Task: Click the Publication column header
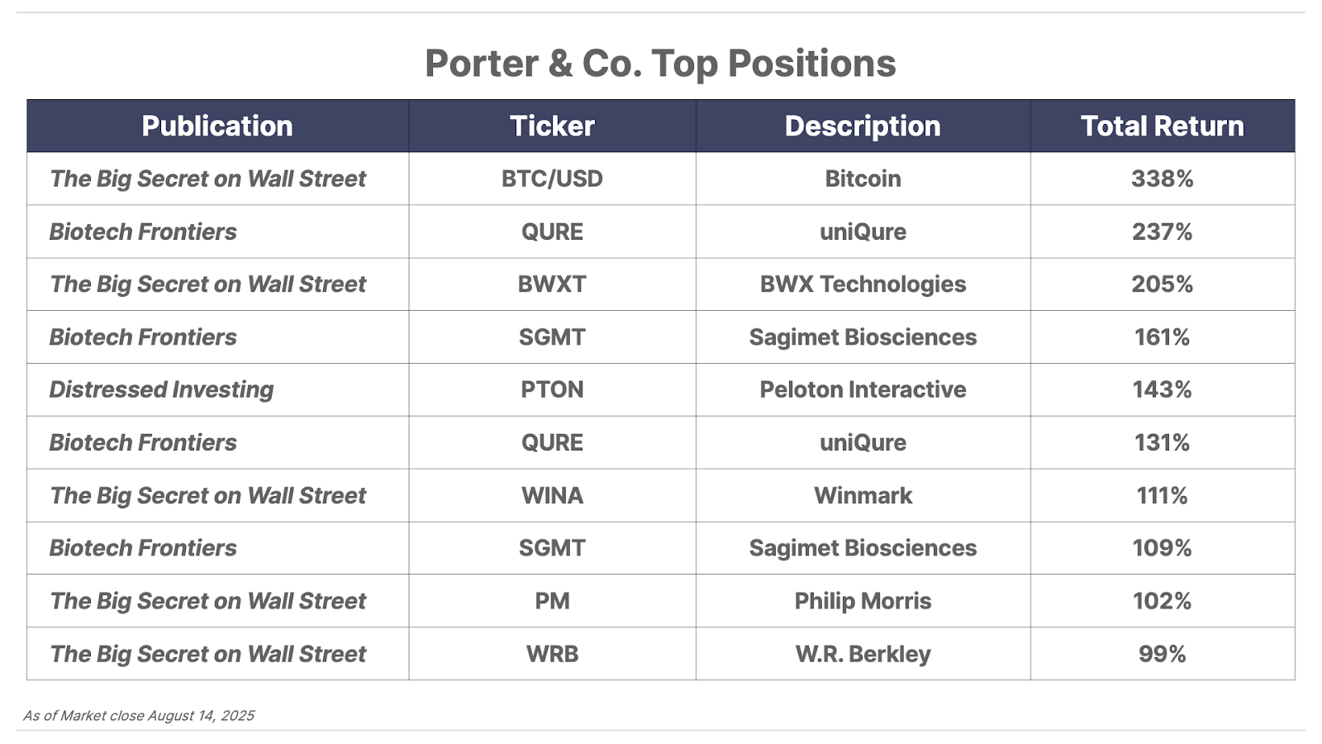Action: pos(217,126)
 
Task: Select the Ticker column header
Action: pos(552,126)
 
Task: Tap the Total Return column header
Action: pos(1162,126)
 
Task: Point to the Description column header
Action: pos(863,126)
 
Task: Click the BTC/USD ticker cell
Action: pos(552,179)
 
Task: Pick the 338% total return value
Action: pos(1162,179)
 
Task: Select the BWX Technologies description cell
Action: pos(863,284)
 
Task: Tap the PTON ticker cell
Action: pos(552,389)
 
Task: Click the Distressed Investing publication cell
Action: pos(161,389)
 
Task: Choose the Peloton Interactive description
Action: pos(863,389)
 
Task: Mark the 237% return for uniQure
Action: pos(1162,231)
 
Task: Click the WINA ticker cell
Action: pos(552,495)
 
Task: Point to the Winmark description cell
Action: pos(863,495)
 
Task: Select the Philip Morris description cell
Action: pos(863,601)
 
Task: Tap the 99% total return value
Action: pos(1162,654)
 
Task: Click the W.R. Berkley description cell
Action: pos(863,654)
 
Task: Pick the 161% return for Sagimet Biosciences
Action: pos(1162,337)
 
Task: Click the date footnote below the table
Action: pos(139,716)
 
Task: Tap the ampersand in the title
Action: pos(560,63)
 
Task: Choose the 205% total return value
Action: pos(1162,284)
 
